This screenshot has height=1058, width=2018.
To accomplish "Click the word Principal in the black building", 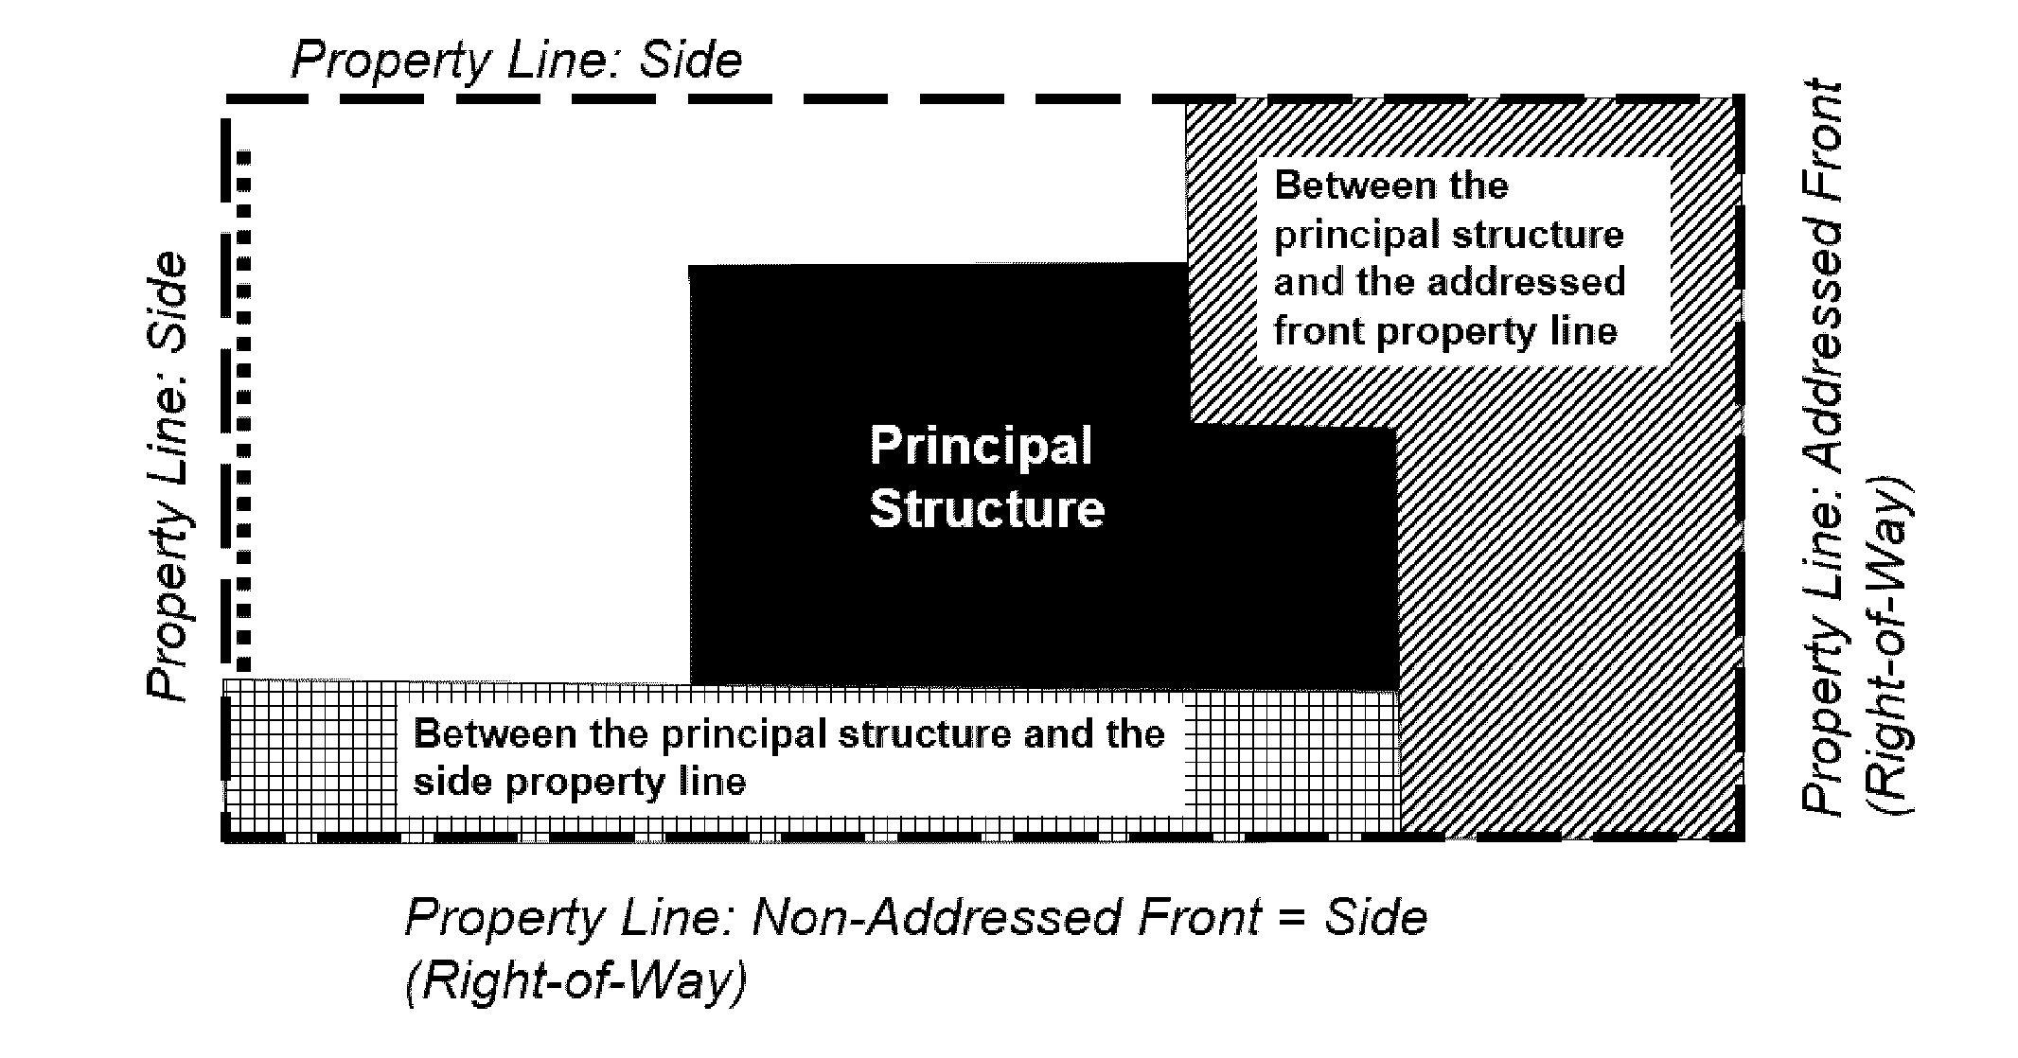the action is point(981,446).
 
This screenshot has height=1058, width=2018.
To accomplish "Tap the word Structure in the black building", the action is point(986,509).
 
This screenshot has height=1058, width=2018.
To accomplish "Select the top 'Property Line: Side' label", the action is point(517,60).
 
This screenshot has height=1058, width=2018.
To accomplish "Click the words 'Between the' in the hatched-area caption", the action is point(1390,185).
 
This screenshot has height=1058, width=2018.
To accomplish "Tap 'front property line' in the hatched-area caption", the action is point(1445,331).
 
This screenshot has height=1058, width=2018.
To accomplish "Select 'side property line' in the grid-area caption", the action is point(579,782).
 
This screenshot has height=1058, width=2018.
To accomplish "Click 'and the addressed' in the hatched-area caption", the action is point(1449,282).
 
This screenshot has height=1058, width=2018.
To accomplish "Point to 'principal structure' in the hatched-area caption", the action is point(1448,234).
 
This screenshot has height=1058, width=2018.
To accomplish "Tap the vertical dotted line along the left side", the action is point(244,407).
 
